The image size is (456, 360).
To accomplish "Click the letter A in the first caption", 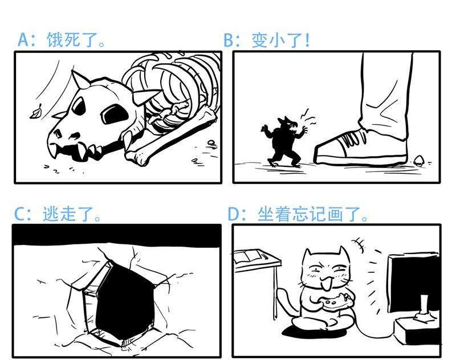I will pos(23,40).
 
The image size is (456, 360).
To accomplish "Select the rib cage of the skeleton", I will pos(171,85).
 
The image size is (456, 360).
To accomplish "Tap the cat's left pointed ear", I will pos(308,253).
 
